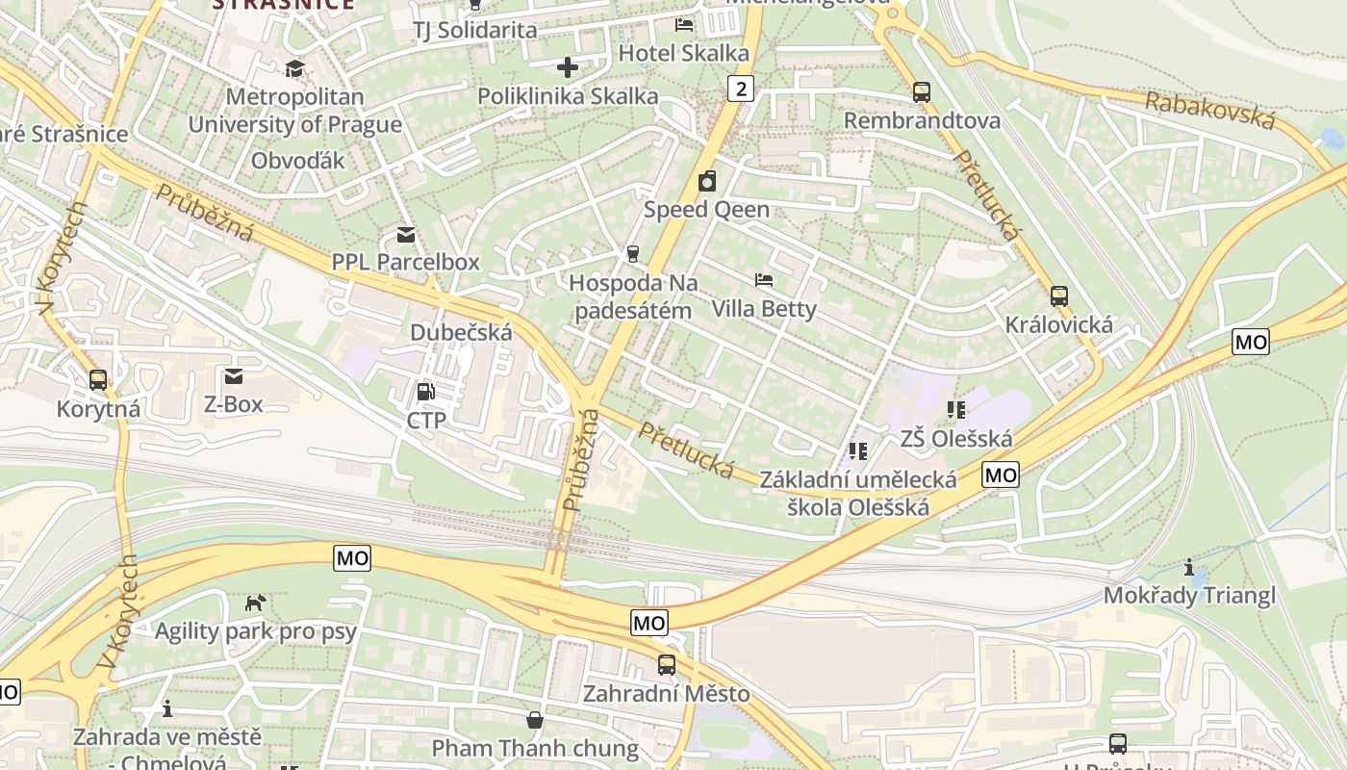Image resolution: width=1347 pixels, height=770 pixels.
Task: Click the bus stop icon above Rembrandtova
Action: point(921,92)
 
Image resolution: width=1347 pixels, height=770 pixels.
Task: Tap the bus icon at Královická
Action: point(1058,296)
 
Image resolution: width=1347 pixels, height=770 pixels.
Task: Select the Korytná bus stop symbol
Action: point(98,380)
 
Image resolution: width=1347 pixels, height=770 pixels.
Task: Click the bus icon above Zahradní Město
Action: point(666,665)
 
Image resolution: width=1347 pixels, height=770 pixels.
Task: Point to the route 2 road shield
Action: point(739,90)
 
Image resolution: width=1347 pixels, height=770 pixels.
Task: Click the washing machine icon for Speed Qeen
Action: point(707,181)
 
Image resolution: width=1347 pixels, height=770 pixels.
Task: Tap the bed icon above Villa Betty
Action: point(764,280)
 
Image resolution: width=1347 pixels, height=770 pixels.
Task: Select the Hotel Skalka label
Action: point(683,53)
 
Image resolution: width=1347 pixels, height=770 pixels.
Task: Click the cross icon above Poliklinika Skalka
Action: point(568,67)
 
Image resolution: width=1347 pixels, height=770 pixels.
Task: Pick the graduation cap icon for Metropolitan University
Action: point(294,68)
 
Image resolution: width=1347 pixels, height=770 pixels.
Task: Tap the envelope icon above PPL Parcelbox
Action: point(405,235)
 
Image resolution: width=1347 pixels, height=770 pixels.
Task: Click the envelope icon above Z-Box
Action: point(233,376)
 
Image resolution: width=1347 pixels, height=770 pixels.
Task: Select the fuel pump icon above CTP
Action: point(425,392)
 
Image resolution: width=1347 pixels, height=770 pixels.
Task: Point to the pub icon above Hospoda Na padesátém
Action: point(632,254)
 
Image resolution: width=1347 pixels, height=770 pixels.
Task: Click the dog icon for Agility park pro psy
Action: point(256,603)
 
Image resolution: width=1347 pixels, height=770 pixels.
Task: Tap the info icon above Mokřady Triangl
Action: point(1189,567)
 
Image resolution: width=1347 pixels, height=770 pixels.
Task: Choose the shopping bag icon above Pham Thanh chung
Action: point(534,720)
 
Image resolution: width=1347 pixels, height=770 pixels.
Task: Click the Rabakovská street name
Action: point(1210,110)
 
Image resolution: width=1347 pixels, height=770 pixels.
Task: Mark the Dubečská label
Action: point(461,332)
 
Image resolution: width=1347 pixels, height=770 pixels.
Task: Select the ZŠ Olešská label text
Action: point(956,439)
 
